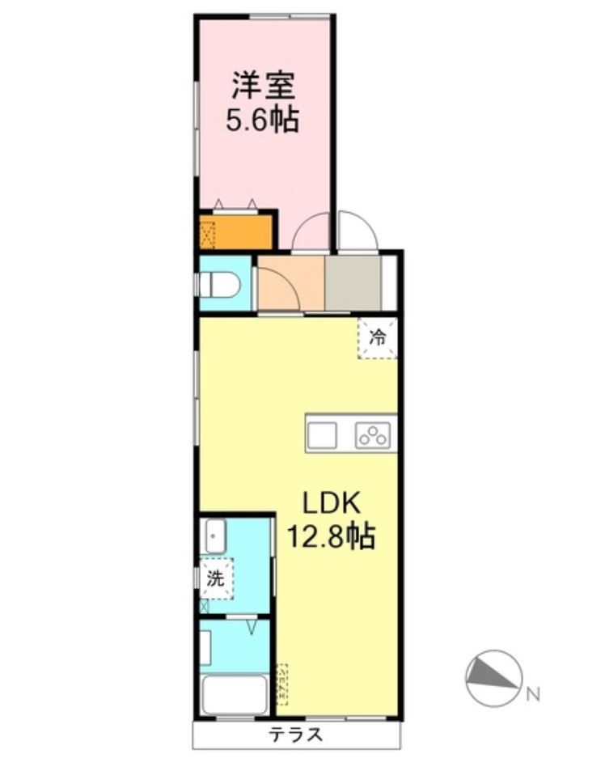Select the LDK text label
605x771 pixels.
click(330, 503)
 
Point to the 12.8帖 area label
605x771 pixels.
click(332, 536)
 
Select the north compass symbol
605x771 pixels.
click(492, 675)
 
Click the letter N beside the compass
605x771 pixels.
click(532, 694)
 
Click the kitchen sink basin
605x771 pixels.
click(321, 434)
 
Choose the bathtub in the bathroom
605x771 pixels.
click(235, 694)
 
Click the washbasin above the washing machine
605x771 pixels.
click(214, 535)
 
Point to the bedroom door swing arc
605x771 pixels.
click(311, 232)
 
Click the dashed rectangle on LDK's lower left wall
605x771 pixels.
click(282, 684)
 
